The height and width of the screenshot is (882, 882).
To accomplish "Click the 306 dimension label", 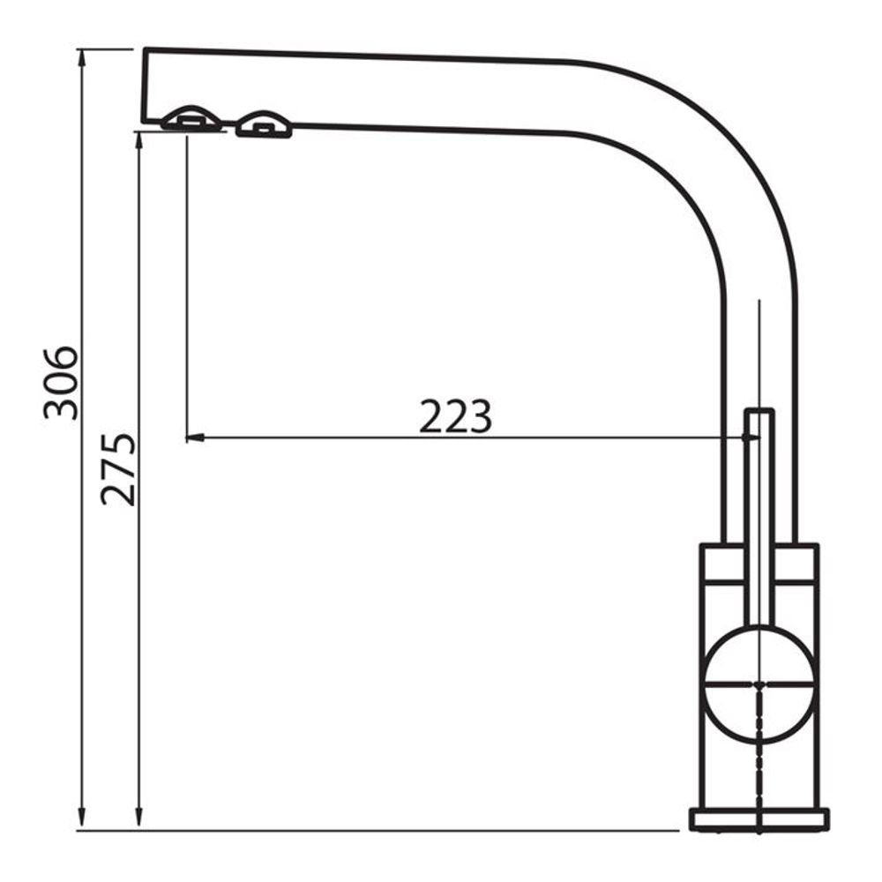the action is coord(61,383).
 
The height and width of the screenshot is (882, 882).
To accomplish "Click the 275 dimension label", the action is coord(118,469).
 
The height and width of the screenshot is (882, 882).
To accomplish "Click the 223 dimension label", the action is coord(456,416).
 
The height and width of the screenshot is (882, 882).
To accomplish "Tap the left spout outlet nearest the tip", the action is coord(191,119).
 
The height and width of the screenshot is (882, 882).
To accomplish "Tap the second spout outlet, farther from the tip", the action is coord(264,124).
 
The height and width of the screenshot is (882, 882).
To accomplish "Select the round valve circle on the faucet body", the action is coord(759,684).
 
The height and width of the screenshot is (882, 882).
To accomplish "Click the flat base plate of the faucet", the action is coord(759,819).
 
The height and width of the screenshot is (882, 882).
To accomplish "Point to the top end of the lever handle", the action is coord(759,411).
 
